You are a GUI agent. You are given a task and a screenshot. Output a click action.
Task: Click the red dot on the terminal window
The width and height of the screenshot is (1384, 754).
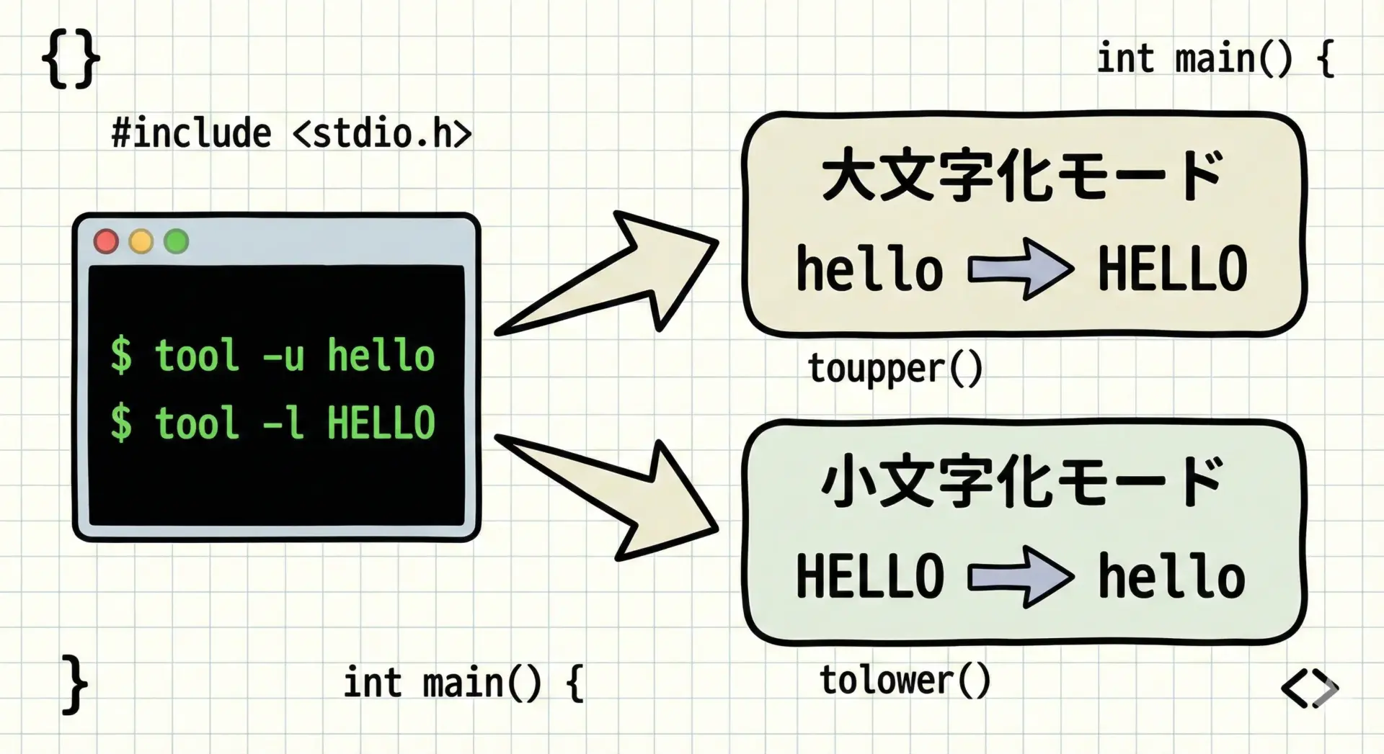(x=106, y=241)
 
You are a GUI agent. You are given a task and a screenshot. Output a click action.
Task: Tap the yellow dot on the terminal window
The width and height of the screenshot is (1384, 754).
(x=141, y=241)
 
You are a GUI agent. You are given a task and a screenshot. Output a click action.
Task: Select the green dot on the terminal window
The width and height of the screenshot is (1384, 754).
(x=177, y=241)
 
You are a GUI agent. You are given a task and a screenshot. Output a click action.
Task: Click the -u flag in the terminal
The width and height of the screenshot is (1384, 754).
(x=283, y=356)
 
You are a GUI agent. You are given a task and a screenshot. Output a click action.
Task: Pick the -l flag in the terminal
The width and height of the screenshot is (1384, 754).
(x=283, y=423)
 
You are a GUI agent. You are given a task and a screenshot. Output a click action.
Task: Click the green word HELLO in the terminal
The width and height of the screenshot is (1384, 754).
(x=381, y=423)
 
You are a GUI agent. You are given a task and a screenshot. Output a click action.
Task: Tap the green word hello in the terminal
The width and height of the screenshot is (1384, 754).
(x=381, y=356)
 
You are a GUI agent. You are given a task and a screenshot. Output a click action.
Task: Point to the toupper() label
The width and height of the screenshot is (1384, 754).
(x=895, y=369)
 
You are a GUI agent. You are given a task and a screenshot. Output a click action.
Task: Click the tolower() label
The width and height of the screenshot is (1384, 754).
(x=905, y=681)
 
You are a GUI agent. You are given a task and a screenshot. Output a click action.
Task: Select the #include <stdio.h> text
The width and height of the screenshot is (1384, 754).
(x=291, y=134)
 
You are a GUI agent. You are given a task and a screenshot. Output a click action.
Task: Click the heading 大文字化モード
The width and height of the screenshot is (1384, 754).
(x=1022, y=176)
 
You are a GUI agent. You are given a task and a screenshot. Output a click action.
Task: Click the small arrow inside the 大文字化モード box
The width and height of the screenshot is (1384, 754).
(x=1020, y=269)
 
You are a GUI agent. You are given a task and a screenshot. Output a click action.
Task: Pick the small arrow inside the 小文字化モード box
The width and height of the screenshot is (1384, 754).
(x=1020, y=577)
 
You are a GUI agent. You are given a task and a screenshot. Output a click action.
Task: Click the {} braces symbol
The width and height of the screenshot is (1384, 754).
(x=71, y=60)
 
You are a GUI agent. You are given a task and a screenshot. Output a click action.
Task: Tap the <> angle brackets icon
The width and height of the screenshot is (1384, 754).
(x=1310, y=688)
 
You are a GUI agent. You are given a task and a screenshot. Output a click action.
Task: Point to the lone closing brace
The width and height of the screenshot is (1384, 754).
(x=74, y=685)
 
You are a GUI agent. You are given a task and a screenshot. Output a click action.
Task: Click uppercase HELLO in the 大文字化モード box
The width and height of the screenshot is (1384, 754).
(x=1172, y=269)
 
